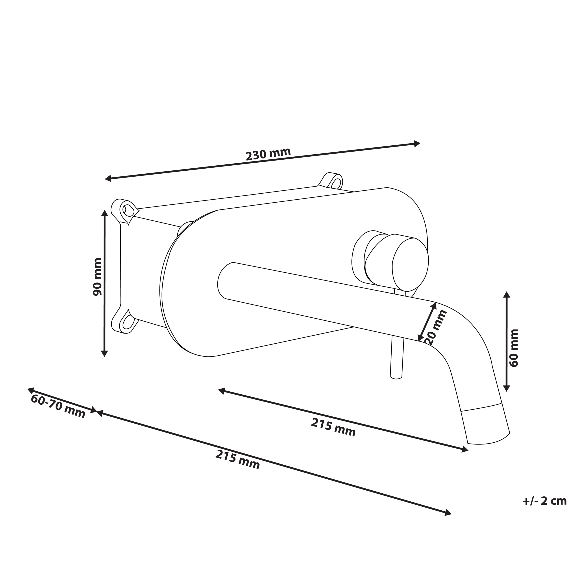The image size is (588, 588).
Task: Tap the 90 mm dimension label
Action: point(97,277)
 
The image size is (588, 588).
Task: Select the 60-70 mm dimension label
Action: point(58,406)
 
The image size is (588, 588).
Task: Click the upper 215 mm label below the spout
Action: point(333,427)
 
